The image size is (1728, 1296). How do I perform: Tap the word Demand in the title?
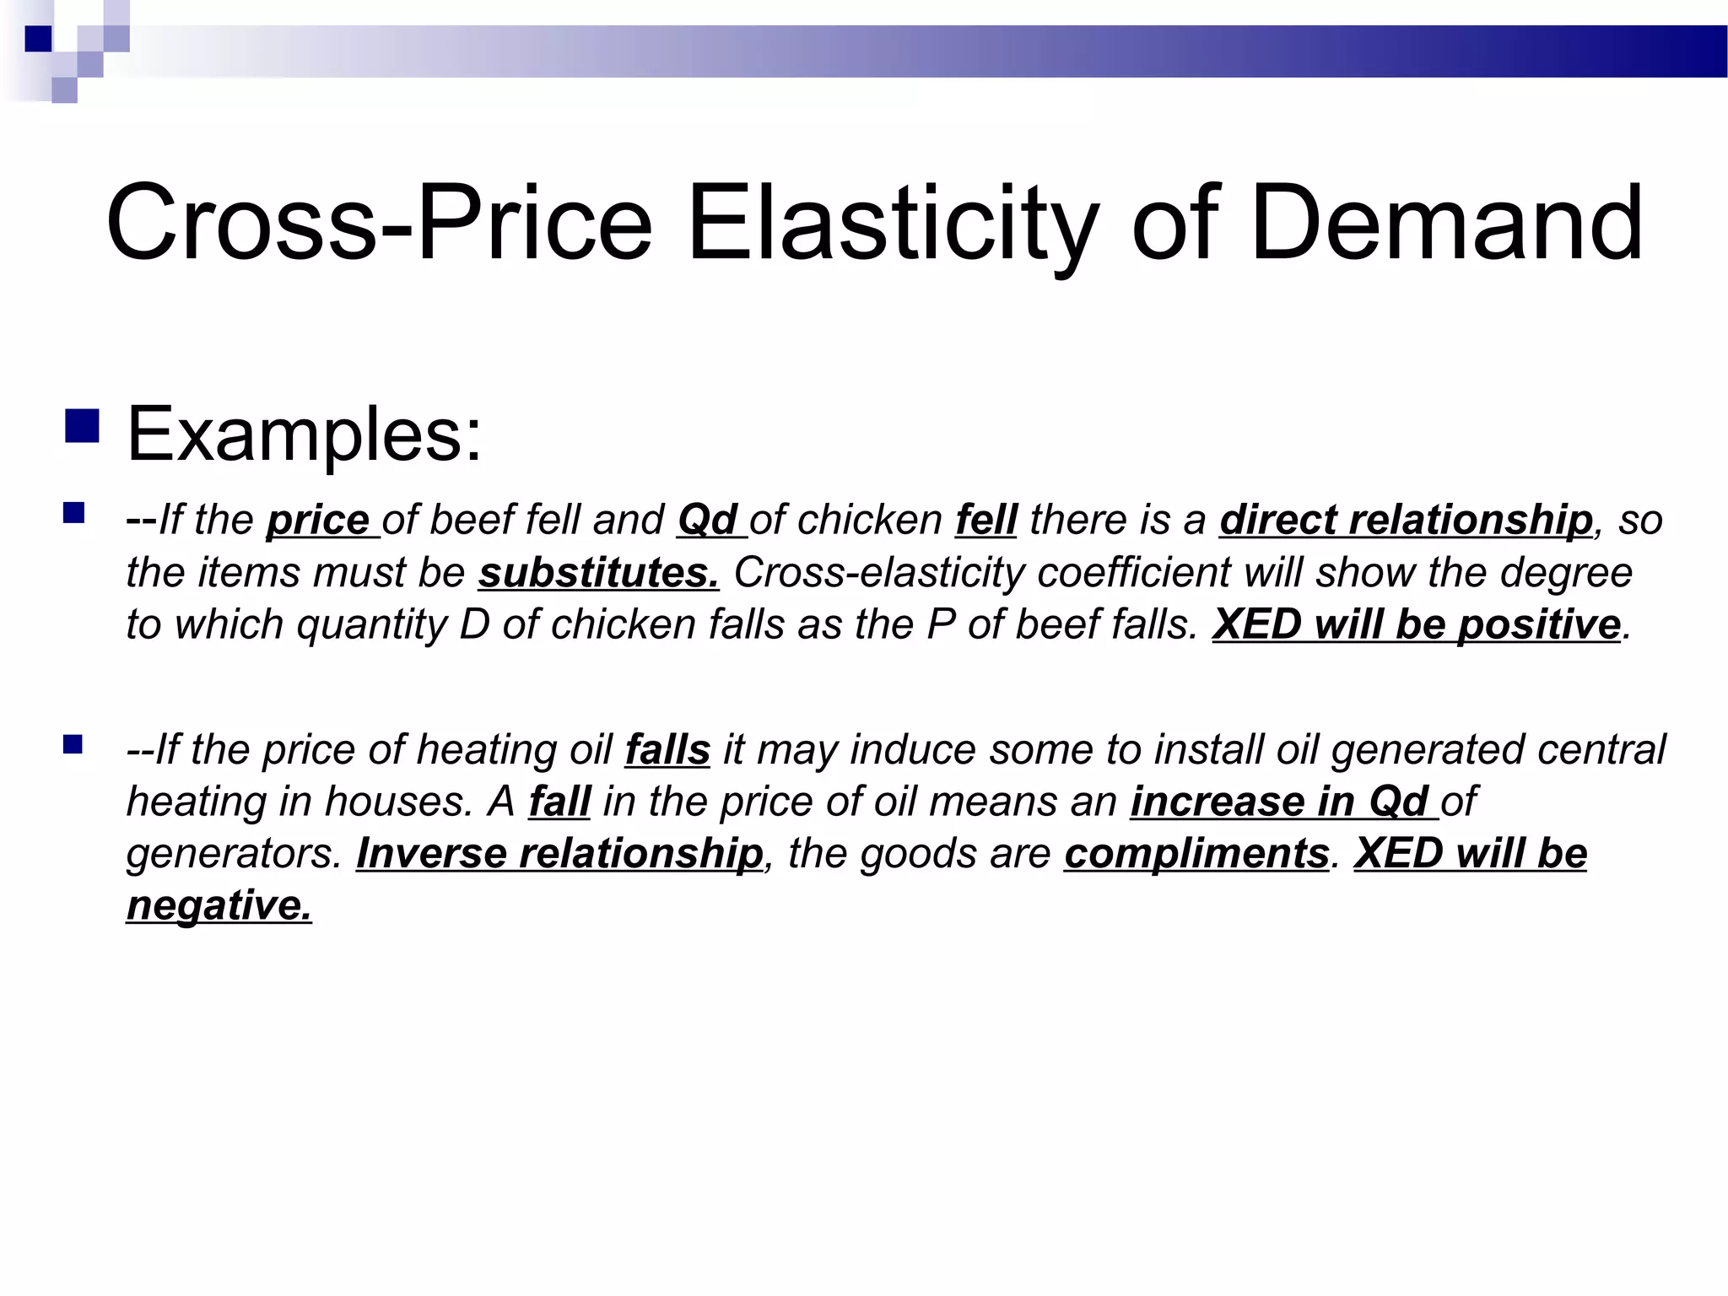[1447, 224]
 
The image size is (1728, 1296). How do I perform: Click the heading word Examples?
[305, 435]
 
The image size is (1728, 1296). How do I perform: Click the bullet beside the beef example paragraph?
[74, 513]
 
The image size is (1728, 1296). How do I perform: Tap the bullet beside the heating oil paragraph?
[73, 743]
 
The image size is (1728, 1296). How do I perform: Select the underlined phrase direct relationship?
[1406, 520]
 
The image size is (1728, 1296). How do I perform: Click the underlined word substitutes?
[598, 573]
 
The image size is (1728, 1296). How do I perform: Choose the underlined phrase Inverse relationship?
[559, 854]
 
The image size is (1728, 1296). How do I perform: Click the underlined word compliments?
[1196, 854]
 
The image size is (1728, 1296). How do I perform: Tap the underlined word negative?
[219, 905]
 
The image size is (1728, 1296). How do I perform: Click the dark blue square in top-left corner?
[39, 39]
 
